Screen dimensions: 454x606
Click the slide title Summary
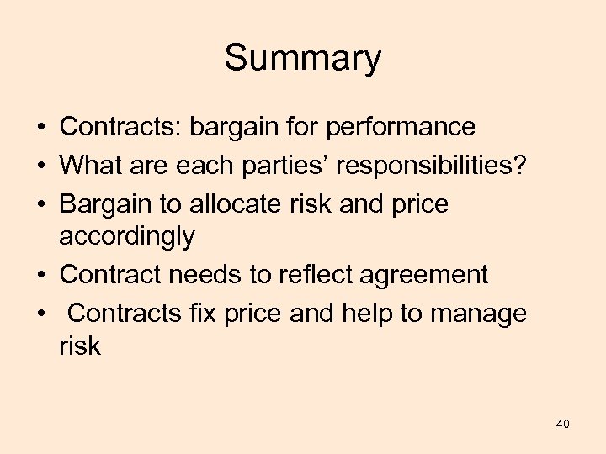tap(302, 59)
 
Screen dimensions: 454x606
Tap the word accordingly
tap(126, 238)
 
